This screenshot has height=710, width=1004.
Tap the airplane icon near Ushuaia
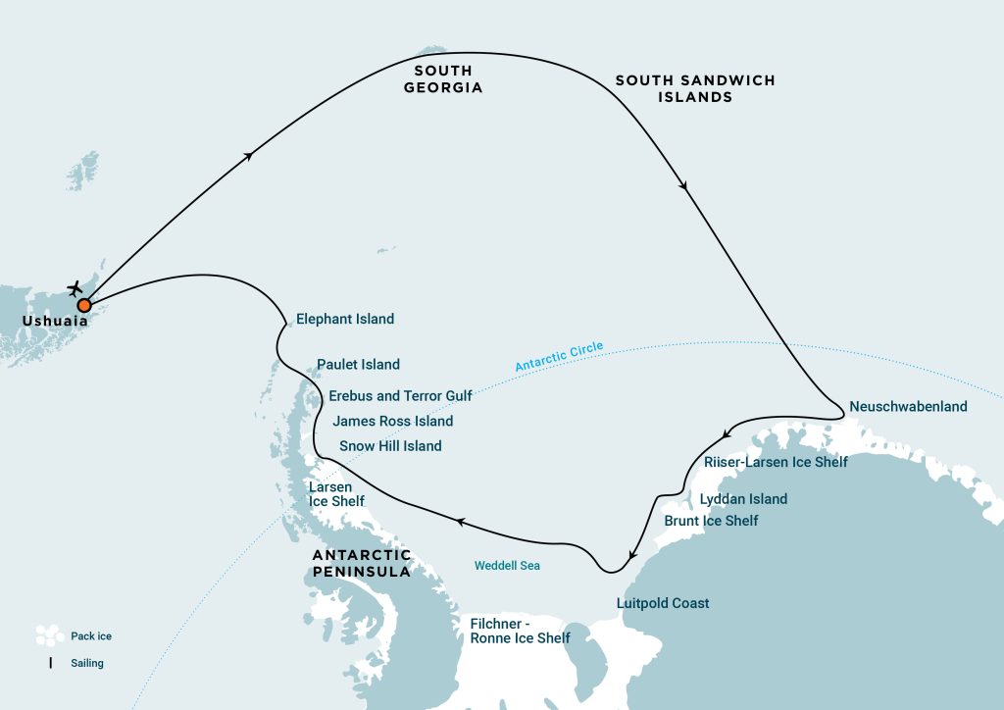(75, 288)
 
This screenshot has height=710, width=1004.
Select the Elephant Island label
(345, 319)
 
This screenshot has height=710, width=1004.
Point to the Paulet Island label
(358, 365)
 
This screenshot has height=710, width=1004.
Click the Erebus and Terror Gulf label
(400, 396)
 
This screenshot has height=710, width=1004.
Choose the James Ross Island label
(392, 422)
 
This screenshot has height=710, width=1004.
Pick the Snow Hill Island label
(390, 446)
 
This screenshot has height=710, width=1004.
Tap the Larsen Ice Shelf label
(336, 494)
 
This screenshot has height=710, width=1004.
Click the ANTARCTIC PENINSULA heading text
(361, 563)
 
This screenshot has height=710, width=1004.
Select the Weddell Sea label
(507, 566)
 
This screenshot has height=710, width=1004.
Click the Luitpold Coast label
(663, 603)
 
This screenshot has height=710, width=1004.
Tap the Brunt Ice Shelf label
(711, 521)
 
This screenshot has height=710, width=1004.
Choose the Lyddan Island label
(743, 499)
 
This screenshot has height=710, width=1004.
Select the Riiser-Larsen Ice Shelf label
(776, 462)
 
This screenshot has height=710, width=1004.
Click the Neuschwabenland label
(909, 406)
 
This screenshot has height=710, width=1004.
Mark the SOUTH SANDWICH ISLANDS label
(695, 88)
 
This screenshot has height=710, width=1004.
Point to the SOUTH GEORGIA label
(442, 78)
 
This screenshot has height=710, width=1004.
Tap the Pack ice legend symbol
(49, 635)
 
